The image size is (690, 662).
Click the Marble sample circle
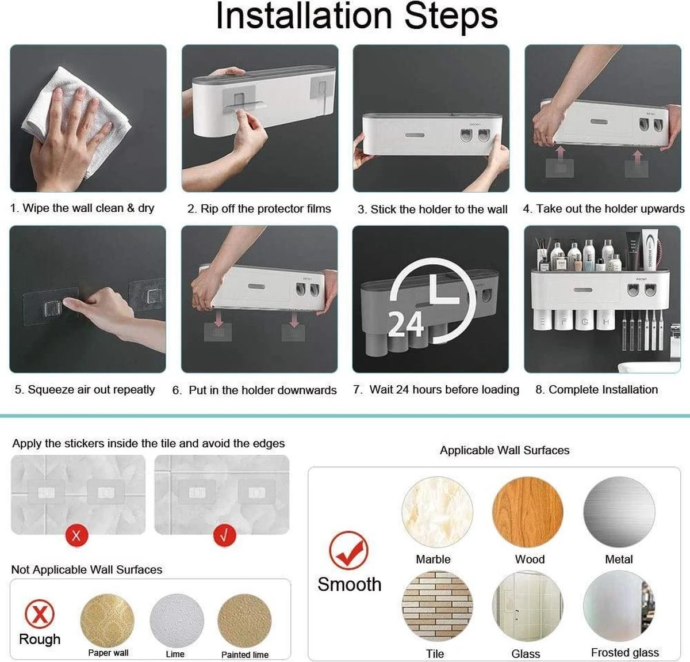click(437, 512)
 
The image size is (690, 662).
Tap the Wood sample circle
click(528, 512)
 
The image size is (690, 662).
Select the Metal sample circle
click(619, 512)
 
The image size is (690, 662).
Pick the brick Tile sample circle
click(437, 606)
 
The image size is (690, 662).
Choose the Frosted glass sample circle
click(619, 606)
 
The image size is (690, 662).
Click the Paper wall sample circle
click(108, 621)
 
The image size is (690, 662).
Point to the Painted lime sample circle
click(244, 621)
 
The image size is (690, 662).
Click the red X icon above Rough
click(40, 614)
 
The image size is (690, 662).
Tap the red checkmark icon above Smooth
click(348, 551)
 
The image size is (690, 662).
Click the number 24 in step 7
click(405, 324)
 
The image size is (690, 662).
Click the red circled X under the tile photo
click(76, 535)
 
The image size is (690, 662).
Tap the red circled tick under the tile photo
click(224, 535)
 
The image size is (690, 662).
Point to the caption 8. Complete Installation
click(596, 390)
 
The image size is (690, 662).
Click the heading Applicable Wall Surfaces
click(504, 451)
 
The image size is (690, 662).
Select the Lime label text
click(175, 654)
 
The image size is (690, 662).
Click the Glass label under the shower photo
click(526, 654)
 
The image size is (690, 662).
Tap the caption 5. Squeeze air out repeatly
click(85, 390)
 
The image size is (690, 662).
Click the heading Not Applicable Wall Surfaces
click(86, 570)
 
